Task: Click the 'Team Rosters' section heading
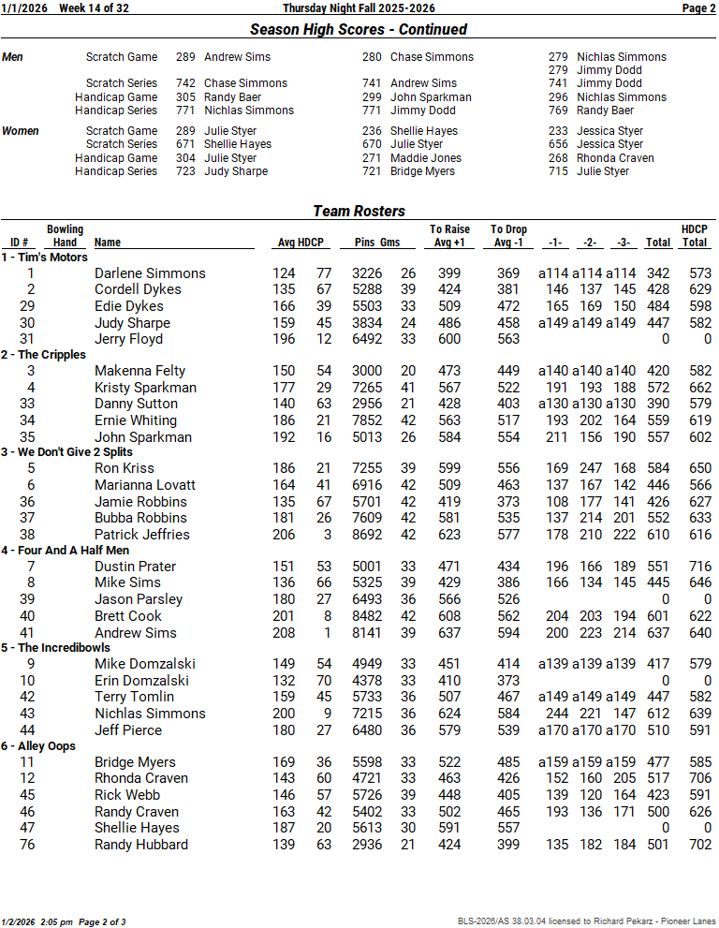click(359, 211)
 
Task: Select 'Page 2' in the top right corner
click(698, 8)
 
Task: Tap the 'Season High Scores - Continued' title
click(359, 30)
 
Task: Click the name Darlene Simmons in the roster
click(150, 273)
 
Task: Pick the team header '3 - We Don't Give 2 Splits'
click(70, 452)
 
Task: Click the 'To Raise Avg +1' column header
click(449, 236)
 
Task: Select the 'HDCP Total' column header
click(694, 236)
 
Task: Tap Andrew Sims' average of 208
click(284, 633)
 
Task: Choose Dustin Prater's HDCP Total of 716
click(694, 567)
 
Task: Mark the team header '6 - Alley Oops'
click(38, 745)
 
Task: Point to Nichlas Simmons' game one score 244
click(556, 714)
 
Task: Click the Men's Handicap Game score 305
click(185, 96)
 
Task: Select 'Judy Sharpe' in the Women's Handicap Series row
click(236, 171)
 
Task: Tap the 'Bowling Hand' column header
click(65, 236)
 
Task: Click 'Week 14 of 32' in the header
click(94, 8)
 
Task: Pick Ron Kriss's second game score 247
click(590, 468)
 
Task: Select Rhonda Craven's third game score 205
click(624, 778)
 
